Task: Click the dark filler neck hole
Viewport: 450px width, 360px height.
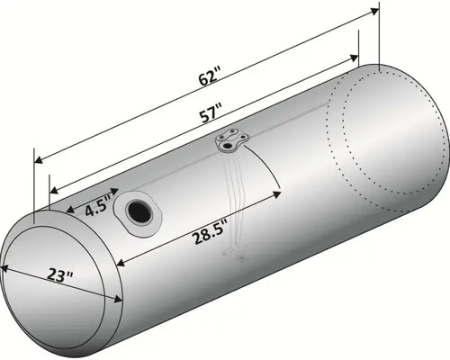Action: (x=139, y=212)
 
